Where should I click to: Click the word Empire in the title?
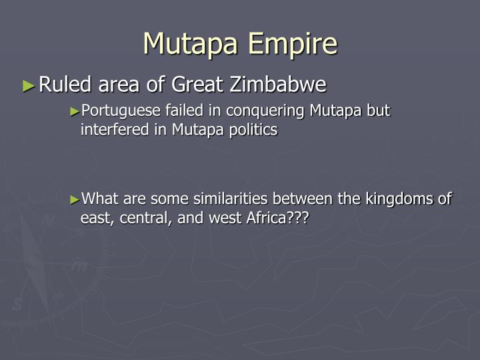pyautogui.click(x=293, y=44)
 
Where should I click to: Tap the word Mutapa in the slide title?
pyautogui.click(x=191, y=44)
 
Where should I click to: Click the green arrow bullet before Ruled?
pyautogui.click(x=28, y=85)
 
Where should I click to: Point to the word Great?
pyautogui.click(x=198, y=85)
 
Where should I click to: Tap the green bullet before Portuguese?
pyautogui.click(x=75, y=111)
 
